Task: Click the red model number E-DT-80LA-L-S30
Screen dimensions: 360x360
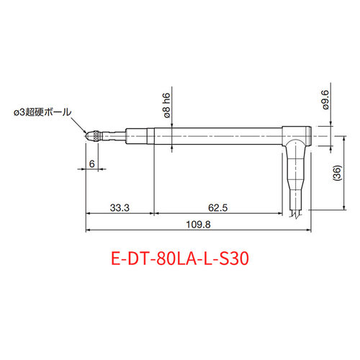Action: pos(180,258)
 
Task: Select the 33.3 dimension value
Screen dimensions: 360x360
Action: pos(120,207)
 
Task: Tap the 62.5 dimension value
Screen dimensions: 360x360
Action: pos(217,207)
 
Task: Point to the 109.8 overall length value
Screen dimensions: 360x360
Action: pos(198,225)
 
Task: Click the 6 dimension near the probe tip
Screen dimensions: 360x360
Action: pos(91,164)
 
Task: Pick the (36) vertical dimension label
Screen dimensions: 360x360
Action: pos(337,173)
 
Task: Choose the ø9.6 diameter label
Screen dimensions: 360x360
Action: pos(325,100)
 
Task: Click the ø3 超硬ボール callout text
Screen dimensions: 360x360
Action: pos(42,112)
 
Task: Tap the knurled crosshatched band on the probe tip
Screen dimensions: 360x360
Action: pos(96,136)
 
